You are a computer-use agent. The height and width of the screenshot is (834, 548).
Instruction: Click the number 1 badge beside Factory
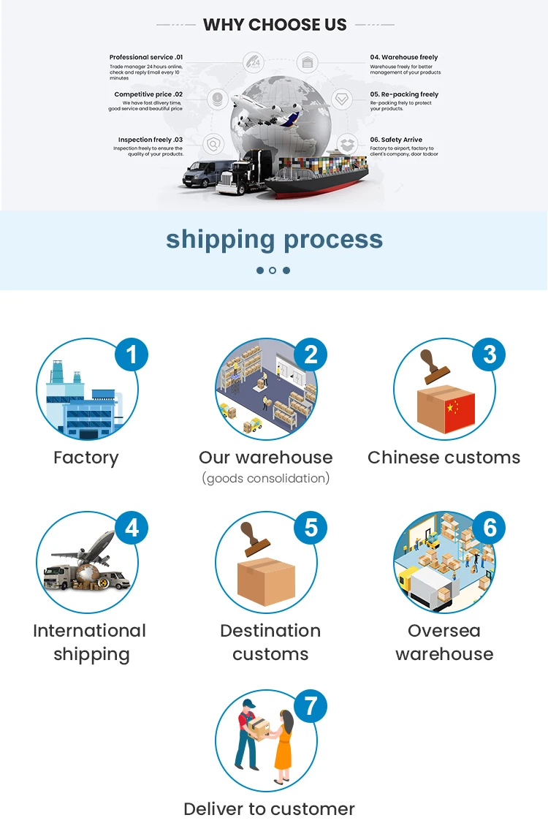pyautogui.click(x=132, y=355)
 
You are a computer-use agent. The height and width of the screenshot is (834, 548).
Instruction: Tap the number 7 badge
pyautogui.click(x=311, y=706)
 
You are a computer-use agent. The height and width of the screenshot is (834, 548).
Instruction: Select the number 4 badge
pyautogui.click(x=132, y=528)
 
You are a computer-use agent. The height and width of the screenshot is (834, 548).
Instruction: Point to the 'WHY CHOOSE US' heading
pyautogui.click(x=275, y=25)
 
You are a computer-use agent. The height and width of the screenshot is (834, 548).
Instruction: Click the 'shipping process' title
pyautogui.click(x=274, y=239)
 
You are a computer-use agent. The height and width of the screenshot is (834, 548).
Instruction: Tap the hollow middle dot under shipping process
pyautogui.click(x=273, y=270)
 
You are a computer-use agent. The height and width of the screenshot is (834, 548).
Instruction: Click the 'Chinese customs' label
pyautogui.click(x=444, y=458)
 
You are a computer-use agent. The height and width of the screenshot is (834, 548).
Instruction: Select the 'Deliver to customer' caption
pyautogui.click(x=269, y=809)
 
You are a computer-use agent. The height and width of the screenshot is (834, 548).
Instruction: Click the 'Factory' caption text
pyautogui.click(x=85, y=458)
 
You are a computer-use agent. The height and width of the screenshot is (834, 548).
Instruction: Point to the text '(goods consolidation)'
pyautogui.click(x=266, y=479)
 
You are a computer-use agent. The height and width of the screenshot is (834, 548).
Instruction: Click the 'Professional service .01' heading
pyautogui.click(x=146, y=57)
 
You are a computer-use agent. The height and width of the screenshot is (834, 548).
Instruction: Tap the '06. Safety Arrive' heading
pyautogui.click(x=396, y=140)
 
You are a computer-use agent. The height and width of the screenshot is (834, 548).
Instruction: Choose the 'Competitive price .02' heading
pyautogui.click(x=148, y=94)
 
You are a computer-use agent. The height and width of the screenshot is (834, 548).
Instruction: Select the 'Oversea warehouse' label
pyautogui.click(x=444, y=642)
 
